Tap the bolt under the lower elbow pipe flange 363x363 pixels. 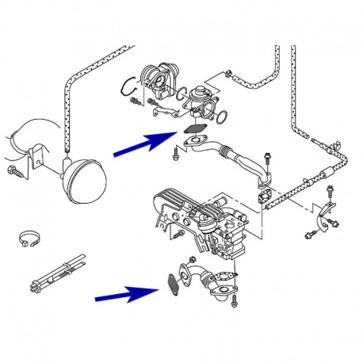235,300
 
